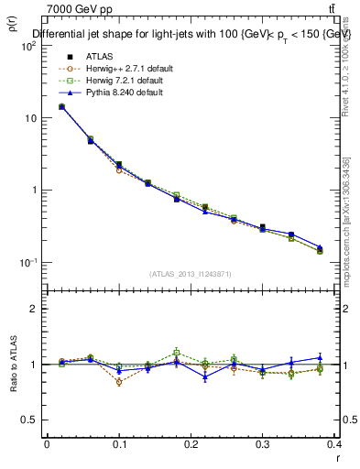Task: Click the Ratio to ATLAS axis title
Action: coord(13,367)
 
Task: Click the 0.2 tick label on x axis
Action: coord(191,444)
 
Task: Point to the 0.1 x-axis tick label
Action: coord(118,444)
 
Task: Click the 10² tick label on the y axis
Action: coord(28,46)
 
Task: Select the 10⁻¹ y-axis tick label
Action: coord(28,263)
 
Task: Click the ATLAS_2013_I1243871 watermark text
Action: coord(191,274)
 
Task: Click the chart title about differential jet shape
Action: coord(192,34)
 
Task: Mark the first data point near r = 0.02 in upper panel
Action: coord(61,106)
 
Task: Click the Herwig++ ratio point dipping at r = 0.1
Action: coord(119,382)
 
